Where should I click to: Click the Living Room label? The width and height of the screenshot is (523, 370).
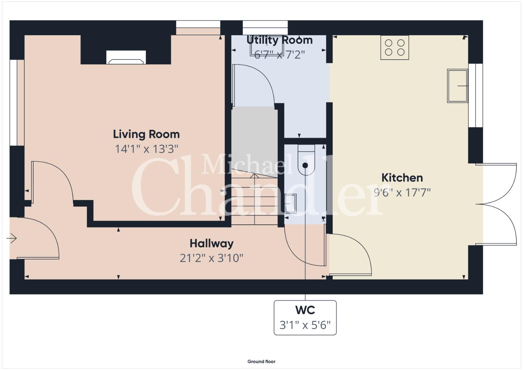tap(146, 134)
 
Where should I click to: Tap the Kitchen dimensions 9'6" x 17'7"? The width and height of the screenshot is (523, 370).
tap(402, 193)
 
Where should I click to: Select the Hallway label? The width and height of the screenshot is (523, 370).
tap(212, 244)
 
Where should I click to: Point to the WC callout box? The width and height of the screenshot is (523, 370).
tap(305, 318)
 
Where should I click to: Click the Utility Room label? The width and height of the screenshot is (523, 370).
tap(279, 40)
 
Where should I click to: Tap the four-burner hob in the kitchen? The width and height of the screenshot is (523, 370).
tap(395, 47)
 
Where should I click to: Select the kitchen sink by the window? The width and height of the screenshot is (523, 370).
tap(457, 86)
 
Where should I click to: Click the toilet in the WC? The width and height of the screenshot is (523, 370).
tap(306, 160)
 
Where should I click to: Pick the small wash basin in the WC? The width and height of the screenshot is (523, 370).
tap(290, 204)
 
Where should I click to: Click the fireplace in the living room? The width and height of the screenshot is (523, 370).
tap(126, 57)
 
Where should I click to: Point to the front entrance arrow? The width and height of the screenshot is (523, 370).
tap(11, 238)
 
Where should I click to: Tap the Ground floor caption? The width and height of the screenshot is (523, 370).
tap(261, 361)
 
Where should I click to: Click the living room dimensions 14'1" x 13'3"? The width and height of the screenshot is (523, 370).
tap(146, 149)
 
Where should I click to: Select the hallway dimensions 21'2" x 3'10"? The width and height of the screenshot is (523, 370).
tap(211, 258)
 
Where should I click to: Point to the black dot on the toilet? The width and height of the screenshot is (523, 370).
tap(305, 165)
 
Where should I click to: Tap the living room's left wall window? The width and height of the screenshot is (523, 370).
tap(14, 103)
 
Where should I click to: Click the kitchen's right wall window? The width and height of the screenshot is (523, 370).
tap(476, 95)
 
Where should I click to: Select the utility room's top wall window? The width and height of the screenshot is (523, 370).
tap(265, 27)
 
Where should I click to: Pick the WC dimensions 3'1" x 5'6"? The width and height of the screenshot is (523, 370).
tap(305, 325)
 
